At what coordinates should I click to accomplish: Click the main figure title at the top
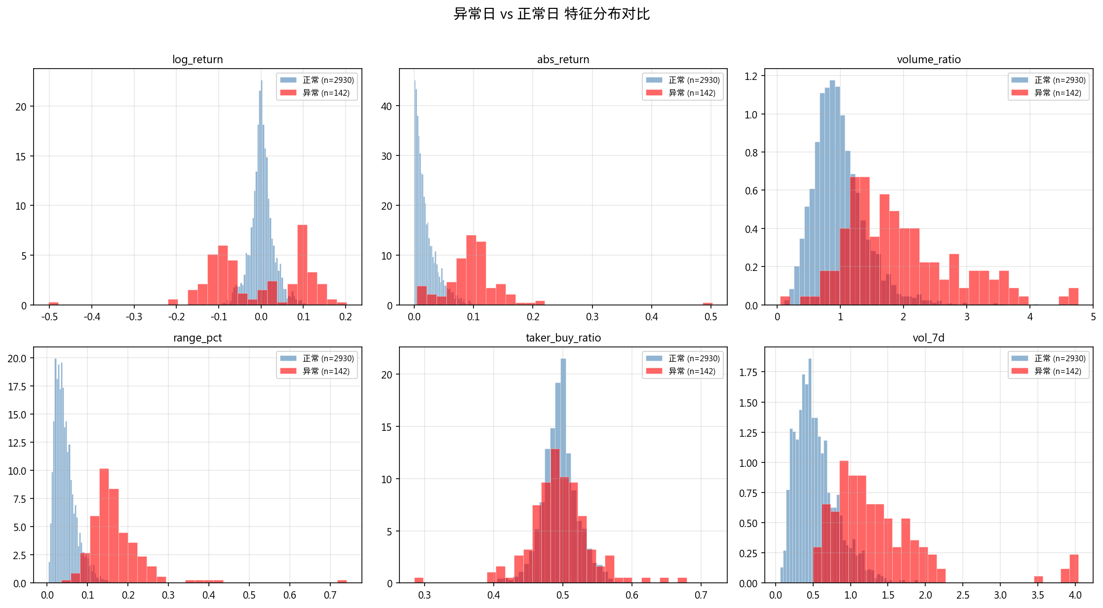551,14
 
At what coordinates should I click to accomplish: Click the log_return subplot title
197,60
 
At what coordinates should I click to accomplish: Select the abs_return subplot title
563,60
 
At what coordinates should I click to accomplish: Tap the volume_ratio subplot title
928,60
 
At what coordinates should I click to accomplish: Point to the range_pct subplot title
197,338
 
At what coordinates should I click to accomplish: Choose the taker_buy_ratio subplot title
563,338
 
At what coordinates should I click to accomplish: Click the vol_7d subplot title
928,338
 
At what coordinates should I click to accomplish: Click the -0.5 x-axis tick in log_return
49,317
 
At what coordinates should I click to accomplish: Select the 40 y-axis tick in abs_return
387,107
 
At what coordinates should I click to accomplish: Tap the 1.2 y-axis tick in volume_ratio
751,76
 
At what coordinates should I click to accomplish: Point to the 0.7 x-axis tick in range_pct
330,595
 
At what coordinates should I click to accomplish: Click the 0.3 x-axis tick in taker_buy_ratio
425,595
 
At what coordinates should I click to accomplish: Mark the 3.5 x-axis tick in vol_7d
1038,595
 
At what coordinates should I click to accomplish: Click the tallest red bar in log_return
302,265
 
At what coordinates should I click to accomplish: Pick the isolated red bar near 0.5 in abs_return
708,304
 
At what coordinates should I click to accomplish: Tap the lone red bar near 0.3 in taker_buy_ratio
419,580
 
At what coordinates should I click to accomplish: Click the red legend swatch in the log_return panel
288,93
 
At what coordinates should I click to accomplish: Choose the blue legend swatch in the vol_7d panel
1020,358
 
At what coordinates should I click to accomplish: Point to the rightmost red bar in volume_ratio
1073,297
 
